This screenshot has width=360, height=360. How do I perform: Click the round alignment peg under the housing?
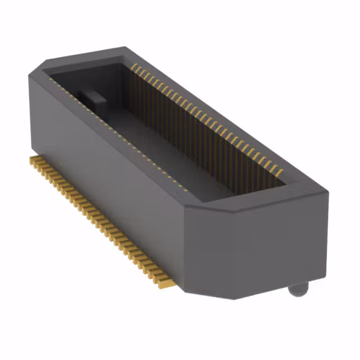tap(298, 290)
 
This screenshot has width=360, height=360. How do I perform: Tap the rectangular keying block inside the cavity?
tap(92, 100)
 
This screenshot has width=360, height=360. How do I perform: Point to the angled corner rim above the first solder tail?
tap(35, 70)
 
